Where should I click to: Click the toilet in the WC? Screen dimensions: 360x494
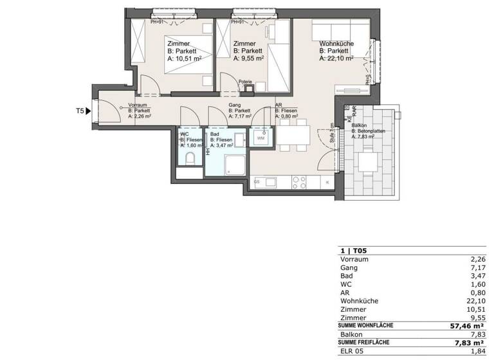click(x=190, y=158)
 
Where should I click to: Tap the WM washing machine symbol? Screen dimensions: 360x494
click(x=261, y=138)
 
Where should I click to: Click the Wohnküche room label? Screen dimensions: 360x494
click(x=336, y=44)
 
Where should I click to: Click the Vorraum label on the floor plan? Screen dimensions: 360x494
click(x=139, y=105)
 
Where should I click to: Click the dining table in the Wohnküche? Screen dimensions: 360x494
click(x=293, y=136)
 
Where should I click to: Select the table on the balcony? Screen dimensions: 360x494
click(x=367, y=161)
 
